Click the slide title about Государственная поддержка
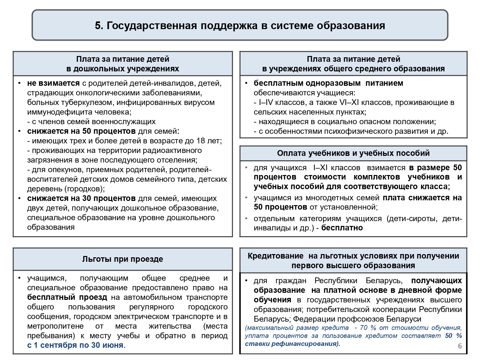coord(240,26)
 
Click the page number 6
coord(460,346)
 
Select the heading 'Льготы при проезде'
coord(123,259)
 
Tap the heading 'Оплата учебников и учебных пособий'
coord(353,153)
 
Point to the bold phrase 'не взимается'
coord(53,83)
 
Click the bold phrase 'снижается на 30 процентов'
coord(81,198)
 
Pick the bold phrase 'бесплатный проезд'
coord(67,297)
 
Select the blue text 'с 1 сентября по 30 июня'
coord(76,345)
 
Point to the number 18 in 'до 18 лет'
coord(201,141)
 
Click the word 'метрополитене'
coord(55,326)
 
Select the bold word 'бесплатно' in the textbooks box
coord(342,228)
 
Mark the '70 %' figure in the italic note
coord(368,328)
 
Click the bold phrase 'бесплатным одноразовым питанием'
coord(328,83)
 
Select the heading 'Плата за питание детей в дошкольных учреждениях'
coord(123,64)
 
